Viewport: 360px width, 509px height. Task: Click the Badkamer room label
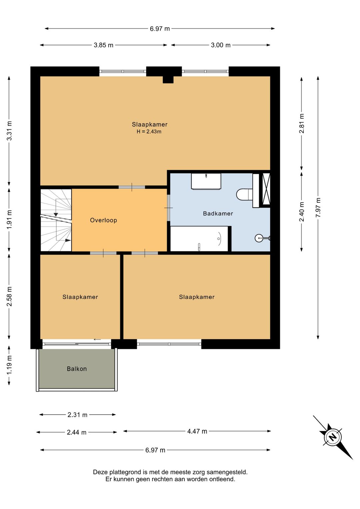[218, 213]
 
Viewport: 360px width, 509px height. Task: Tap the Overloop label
[104, 220]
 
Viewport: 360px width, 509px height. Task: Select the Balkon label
[77, 369]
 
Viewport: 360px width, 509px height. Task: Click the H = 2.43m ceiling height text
[149, 131]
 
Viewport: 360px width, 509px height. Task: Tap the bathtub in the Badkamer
[199, 239]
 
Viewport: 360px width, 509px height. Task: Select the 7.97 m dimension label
[318, 207]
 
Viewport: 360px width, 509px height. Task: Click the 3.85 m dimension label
[104, 45]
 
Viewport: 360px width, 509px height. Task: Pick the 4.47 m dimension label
[197, 431]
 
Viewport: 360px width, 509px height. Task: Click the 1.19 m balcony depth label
[9, 366]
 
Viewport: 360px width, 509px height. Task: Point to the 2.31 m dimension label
[77, 415]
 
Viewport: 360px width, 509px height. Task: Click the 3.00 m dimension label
[221, 45]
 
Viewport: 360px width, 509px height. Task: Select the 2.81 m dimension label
[302, 123]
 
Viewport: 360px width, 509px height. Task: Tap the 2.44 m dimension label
[77, 432]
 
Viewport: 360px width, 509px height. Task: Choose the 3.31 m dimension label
[9, 131]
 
